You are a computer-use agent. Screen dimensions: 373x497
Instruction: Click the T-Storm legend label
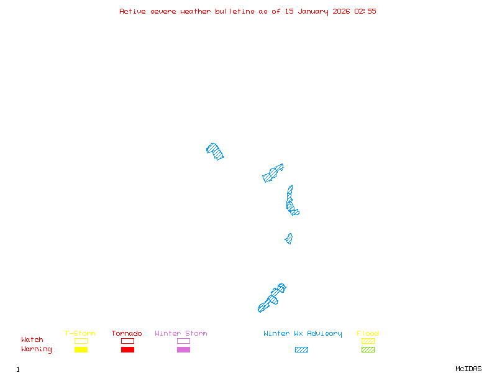tap(80, 334)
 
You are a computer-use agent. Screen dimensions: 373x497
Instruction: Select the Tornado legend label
tap(127, 334)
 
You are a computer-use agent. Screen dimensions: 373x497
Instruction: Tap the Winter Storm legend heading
tap(181, 334)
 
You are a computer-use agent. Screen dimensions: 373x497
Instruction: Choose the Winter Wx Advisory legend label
tap(303, 334)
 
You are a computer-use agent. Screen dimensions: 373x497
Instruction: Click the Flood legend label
tap(368, 334)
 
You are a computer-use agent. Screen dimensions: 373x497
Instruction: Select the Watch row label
tap(32, 340)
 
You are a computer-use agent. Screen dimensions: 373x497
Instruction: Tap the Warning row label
tap(37, 349)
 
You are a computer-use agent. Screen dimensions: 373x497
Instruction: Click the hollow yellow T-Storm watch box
tap(81, 341)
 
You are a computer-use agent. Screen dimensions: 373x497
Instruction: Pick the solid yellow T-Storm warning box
tap(81, 350)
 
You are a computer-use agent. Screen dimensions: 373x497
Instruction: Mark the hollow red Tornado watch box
tap(127, 341)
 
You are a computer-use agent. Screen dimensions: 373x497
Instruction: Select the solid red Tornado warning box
tap(127, 350)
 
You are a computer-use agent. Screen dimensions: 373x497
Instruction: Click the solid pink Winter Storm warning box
tap(183, 350)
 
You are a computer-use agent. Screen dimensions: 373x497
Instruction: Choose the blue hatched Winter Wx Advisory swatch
tap(301, 350)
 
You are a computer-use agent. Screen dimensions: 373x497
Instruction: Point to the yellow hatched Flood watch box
tap(368, 341)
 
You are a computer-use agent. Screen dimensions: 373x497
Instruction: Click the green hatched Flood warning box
tap(368, 350)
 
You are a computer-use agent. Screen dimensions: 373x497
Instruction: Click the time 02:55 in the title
tap(365, 11)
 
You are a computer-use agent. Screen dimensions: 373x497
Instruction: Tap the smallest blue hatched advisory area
tap(289, 239)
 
